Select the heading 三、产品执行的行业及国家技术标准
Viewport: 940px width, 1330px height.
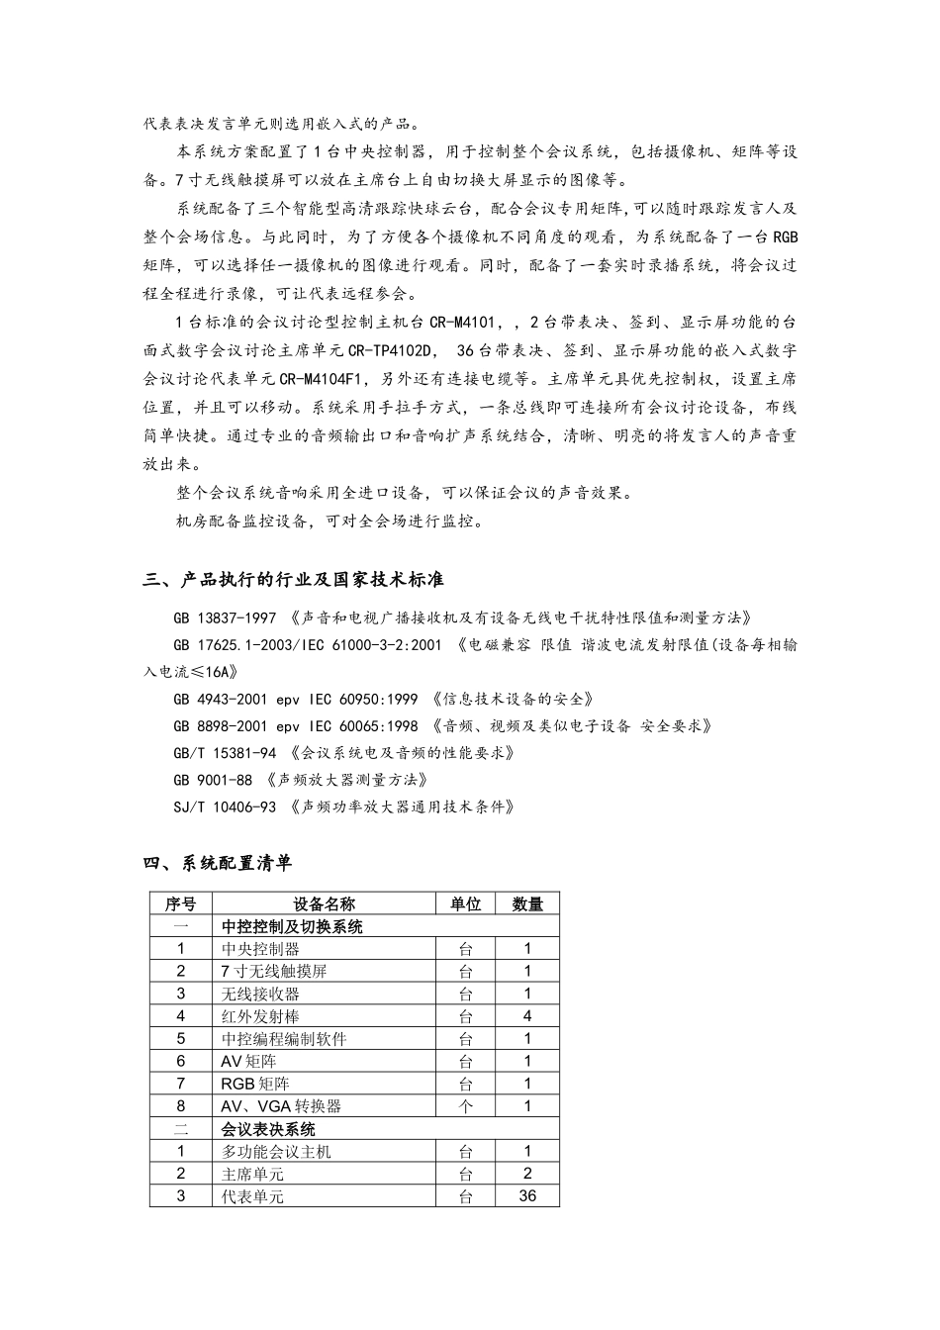[293, 580]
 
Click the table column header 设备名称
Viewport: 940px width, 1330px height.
[324, 903]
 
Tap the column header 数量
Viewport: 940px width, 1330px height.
[527, 903]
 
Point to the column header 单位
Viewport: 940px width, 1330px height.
[465, 903]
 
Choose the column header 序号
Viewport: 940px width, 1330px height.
[180, 903]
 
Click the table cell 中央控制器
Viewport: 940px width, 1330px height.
[260, 948]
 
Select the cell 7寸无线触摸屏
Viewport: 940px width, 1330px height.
[273, 971]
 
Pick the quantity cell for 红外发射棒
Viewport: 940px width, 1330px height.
[527, 1016]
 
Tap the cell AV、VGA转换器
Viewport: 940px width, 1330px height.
[281, 1106]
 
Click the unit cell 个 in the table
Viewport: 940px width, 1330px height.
[465, 1106]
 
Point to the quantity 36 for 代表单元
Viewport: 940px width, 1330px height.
[527, 1196]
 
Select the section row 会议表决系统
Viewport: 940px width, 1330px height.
[268, 1129]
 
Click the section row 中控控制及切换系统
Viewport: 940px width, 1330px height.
[292, 926]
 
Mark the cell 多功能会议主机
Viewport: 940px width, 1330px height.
[276, 1152]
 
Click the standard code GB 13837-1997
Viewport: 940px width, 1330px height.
[225, 618]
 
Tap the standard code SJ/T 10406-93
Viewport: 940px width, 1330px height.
[225, 807]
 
